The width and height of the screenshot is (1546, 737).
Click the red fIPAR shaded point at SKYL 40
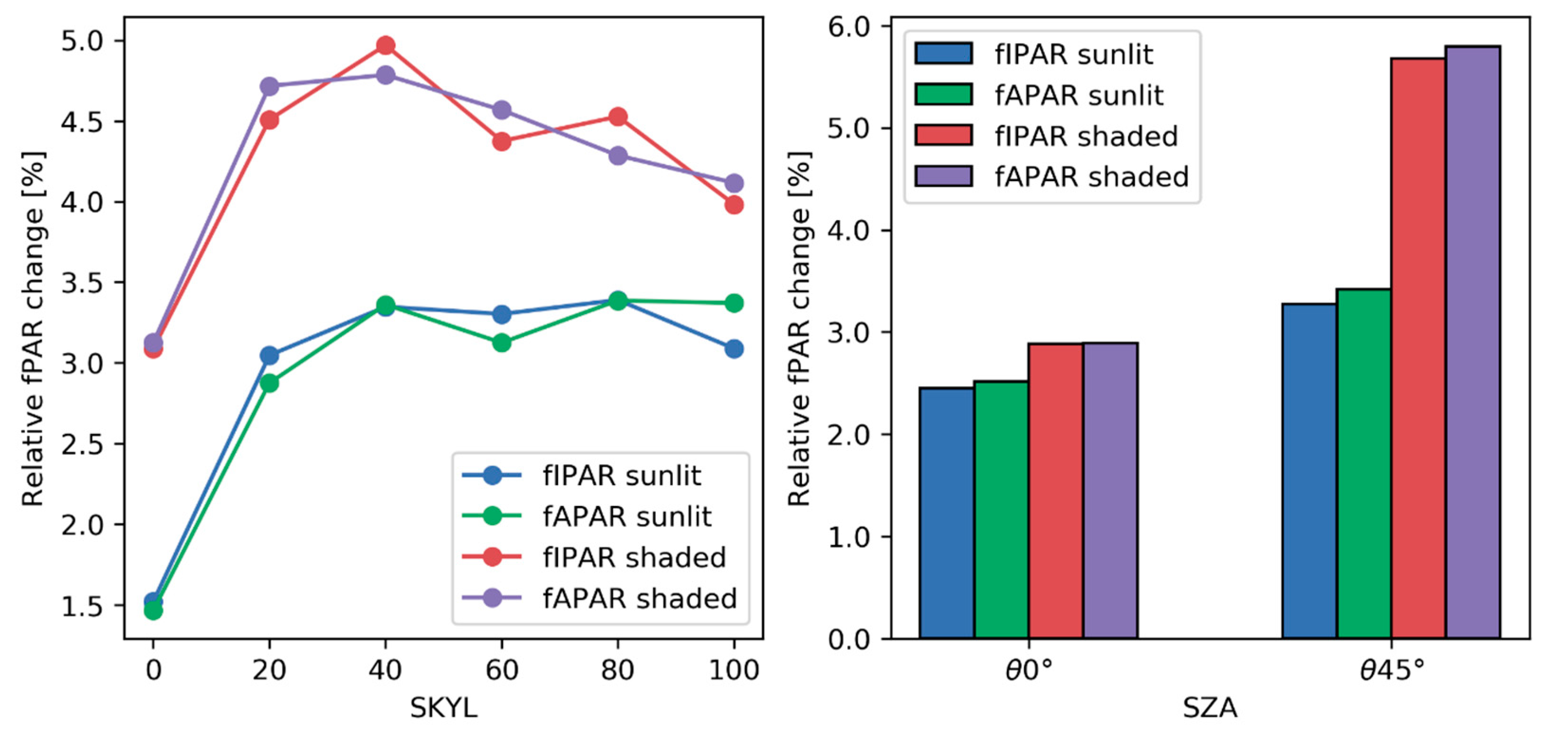click(385, 45)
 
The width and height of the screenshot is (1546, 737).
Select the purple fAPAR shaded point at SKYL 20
click(269, 86)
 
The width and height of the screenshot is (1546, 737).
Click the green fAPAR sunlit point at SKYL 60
click(502, 343)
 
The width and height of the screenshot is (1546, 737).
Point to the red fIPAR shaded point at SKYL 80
click(618, 117)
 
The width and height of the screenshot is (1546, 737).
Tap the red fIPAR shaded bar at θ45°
click(1417, 348)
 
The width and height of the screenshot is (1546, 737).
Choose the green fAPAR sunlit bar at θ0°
click(1001, 510)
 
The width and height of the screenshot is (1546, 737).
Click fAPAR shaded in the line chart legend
click(639, 599)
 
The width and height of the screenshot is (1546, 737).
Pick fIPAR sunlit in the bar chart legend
click(1073, 55)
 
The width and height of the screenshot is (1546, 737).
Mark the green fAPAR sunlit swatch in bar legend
click(943, 95)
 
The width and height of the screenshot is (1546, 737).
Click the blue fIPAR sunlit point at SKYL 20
click(269, 355)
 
